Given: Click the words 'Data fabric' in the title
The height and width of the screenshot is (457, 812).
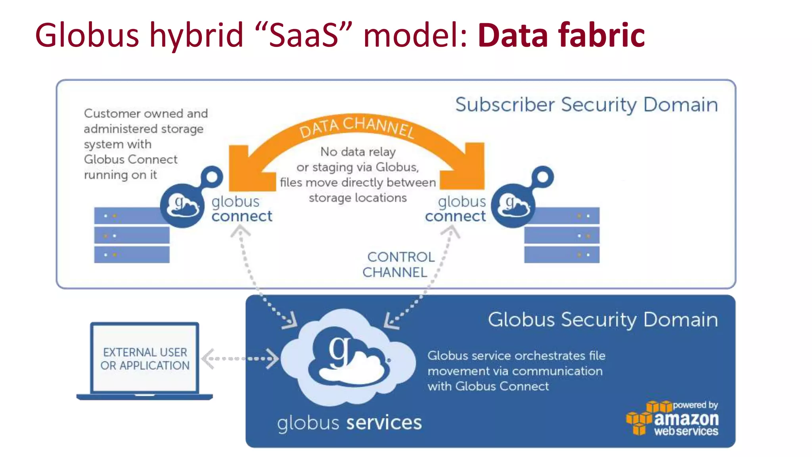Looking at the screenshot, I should tap(561, 36).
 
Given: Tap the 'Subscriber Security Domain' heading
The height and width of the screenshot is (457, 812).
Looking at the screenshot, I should tap(586, 105).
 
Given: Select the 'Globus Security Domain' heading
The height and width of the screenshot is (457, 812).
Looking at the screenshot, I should tap(603, 320).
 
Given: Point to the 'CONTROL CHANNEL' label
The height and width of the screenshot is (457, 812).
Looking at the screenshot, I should tap(398, 265).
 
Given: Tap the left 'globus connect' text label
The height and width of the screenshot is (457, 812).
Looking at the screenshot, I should tap(241, 209).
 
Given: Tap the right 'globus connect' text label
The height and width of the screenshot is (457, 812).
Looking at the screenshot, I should tap(456, 209).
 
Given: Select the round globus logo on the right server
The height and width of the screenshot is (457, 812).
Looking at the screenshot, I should tap(513, 205).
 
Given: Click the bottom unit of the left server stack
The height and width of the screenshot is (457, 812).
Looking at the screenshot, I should tap(132, 255).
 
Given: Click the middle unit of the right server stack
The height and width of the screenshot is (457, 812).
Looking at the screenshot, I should tap(561, 236).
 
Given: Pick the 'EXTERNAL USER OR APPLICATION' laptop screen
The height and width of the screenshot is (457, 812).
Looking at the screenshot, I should tap(145, 359).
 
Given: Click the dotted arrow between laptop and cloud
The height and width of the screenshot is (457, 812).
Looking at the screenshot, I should tap(240, 359).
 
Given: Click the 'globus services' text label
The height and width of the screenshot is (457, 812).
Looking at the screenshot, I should tap(349, 423).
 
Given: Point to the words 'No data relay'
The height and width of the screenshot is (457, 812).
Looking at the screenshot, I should tap(358, 152).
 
